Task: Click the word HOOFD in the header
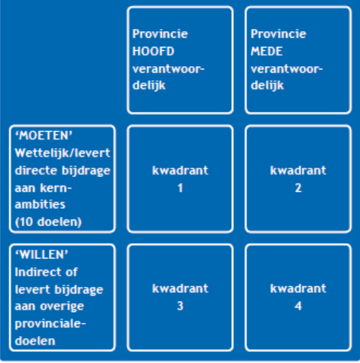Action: coord(153,51)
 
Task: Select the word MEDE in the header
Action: coord(267,51)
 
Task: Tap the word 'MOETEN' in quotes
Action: coord(44,136)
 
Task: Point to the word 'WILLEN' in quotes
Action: coord(42,255)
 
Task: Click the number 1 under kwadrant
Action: coord(180,188)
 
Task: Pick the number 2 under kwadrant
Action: coord(299,188)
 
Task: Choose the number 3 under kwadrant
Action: coord(180,306)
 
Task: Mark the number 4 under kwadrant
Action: coord(299,306)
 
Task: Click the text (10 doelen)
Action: coord(48,222)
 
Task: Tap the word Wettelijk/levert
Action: coord(63,153)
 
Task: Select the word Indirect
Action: coord(37,272)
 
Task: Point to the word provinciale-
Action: coord(50,324)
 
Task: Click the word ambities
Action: coord(40,204)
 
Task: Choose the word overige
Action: coord(62,307)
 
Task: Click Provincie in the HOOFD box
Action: coord(160,34)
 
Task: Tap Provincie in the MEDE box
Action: coord(278,34)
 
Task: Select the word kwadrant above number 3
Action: coord(180,288)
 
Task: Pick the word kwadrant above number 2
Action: coord(299,171)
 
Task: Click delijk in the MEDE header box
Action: coord(268,86)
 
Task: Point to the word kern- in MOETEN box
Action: coord(56,188)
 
